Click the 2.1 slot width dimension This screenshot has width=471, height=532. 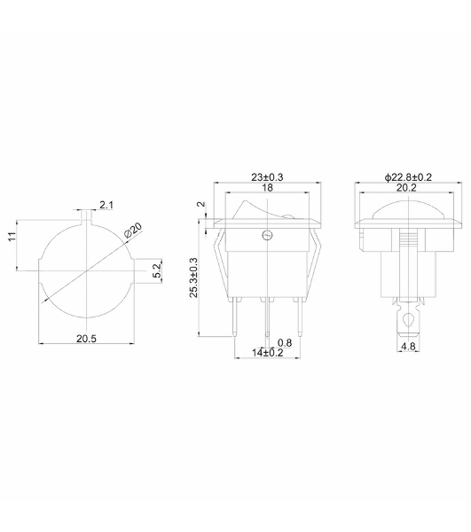(106, 205)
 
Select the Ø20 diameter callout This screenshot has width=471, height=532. (133, 231)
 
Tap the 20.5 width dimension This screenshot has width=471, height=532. (86, 339)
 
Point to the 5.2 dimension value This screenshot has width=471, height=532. (157, 270)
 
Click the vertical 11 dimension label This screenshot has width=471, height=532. (12, 237)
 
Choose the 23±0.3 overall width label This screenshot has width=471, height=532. (267, 176)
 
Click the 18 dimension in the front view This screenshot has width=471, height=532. (267, 188)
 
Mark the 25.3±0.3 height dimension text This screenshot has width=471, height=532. (193, 278)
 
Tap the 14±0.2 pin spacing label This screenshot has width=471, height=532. (267, 353)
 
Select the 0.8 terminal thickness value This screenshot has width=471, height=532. (285, 342)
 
